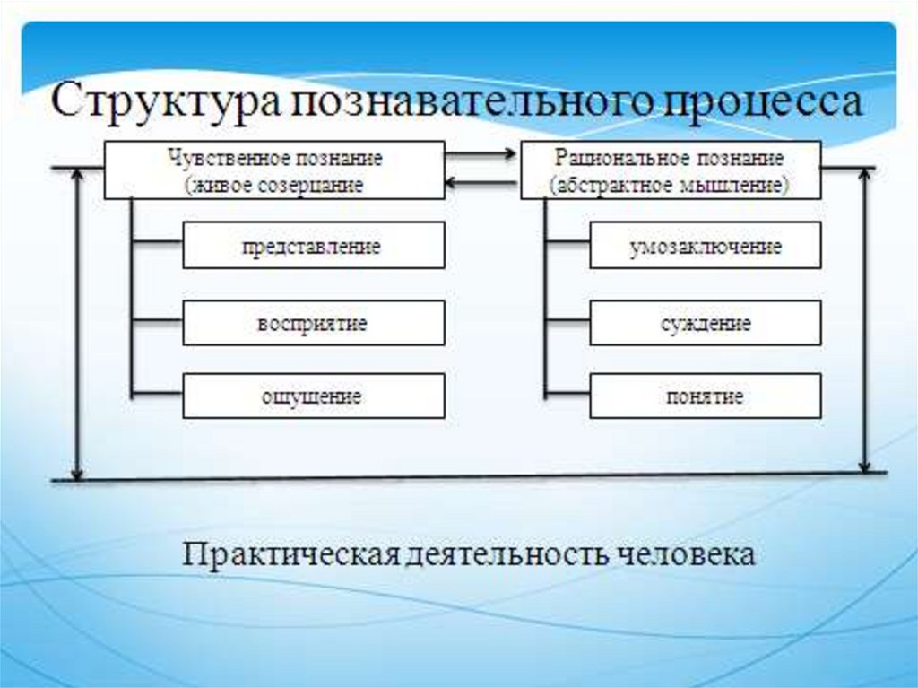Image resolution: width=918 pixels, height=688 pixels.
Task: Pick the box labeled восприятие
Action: coord(313,323)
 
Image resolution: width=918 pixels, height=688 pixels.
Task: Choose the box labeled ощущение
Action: coord(313,396)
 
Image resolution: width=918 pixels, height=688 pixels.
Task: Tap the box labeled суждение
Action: coord(705,323)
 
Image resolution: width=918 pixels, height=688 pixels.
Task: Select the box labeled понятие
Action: coord(705,396)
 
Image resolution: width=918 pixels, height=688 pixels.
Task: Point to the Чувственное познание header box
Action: coord(274,170)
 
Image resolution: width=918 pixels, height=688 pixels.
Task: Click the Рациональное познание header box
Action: coord(670,170)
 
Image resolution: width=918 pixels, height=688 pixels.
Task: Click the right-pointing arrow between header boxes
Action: coord(482,154)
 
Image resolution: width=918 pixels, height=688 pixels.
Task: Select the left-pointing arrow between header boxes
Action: coord(482,185)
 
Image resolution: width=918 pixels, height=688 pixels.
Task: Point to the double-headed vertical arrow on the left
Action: coord(78,323)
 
